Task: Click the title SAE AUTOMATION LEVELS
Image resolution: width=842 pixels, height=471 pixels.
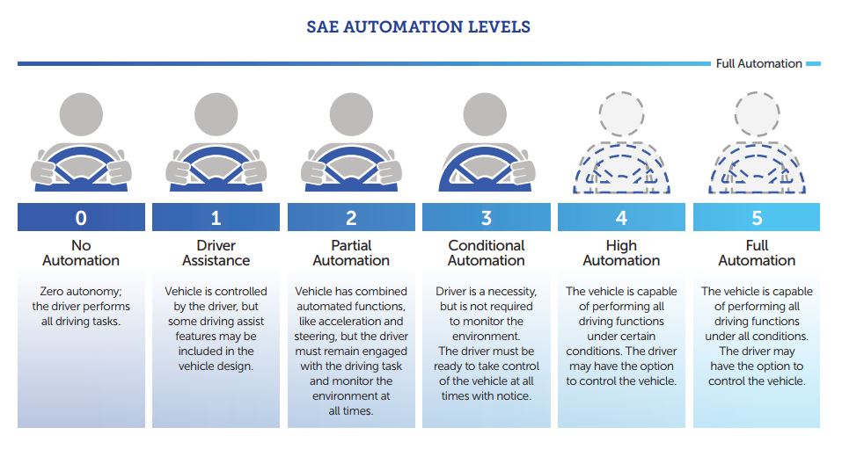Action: pos(418,27)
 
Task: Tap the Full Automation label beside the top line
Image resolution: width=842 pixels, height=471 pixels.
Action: pos(758,63)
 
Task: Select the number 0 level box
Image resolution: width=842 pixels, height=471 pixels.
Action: pos(81,217)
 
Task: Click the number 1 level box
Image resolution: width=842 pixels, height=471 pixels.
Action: pos(216,217)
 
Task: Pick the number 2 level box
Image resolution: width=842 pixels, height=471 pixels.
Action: pos(351,217)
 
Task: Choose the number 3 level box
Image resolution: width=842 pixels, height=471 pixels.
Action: pos(487,217)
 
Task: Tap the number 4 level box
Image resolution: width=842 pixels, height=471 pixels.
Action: pos(621,217)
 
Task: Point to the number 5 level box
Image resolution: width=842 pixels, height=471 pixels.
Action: pos(757,217)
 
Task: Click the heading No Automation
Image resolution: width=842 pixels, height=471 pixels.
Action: pos(81,253)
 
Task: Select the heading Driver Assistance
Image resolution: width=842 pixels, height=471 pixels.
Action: pos(216,253)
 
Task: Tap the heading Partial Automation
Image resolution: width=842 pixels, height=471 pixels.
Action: pos(351,253)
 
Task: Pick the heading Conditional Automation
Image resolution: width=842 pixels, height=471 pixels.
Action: pos(487,253)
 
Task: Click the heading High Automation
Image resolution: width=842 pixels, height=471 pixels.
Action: pos(621,253)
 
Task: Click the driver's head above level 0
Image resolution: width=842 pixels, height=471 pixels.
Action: pos(81,114)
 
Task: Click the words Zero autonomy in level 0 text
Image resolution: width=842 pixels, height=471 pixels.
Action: pos(81,291)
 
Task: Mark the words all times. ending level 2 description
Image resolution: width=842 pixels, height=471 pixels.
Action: pos(351,411)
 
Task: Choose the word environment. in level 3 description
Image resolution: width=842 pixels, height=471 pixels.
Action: pos(486,337)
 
